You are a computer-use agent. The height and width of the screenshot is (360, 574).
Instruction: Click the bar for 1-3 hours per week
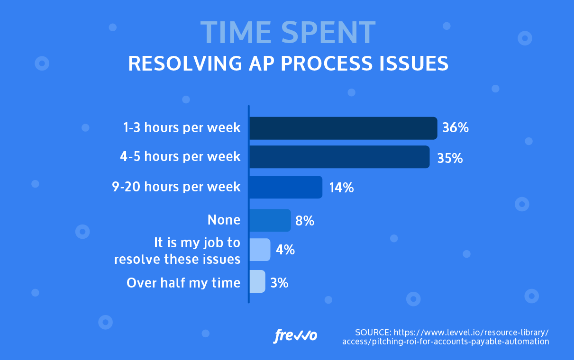pos(343,128)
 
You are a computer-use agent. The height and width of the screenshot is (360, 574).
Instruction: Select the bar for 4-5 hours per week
pos(339,157)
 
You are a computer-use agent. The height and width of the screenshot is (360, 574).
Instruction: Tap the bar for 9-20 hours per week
pos(286,187)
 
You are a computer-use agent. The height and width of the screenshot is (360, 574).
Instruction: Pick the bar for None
pos(270,220)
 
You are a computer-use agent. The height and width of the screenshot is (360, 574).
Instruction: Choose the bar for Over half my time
pos(257,281)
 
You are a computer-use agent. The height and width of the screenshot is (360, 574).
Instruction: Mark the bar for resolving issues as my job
pos(260,250)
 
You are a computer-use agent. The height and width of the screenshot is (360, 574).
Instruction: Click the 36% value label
pos(455,128)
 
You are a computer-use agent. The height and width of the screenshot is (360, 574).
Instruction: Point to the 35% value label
pos(449,158)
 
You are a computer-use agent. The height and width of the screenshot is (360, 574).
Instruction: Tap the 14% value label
pos(341,188)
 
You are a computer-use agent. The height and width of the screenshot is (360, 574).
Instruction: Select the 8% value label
pos(305,221)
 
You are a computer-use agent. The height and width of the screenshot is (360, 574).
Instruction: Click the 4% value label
pos(285,250)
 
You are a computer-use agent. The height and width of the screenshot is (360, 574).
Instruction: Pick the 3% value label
pos(279,283)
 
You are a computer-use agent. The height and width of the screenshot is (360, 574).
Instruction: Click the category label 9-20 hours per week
pos(176,187)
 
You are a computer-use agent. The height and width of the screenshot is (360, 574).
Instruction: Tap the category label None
pos(224,220)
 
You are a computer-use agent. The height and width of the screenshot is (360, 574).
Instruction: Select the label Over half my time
pos(183,283)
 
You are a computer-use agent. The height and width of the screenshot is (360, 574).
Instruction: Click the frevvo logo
pos(295,335)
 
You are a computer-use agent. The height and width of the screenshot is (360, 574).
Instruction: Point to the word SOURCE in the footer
pos(373,332)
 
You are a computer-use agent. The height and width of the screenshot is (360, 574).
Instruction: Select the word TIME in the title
pos(236,33)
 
